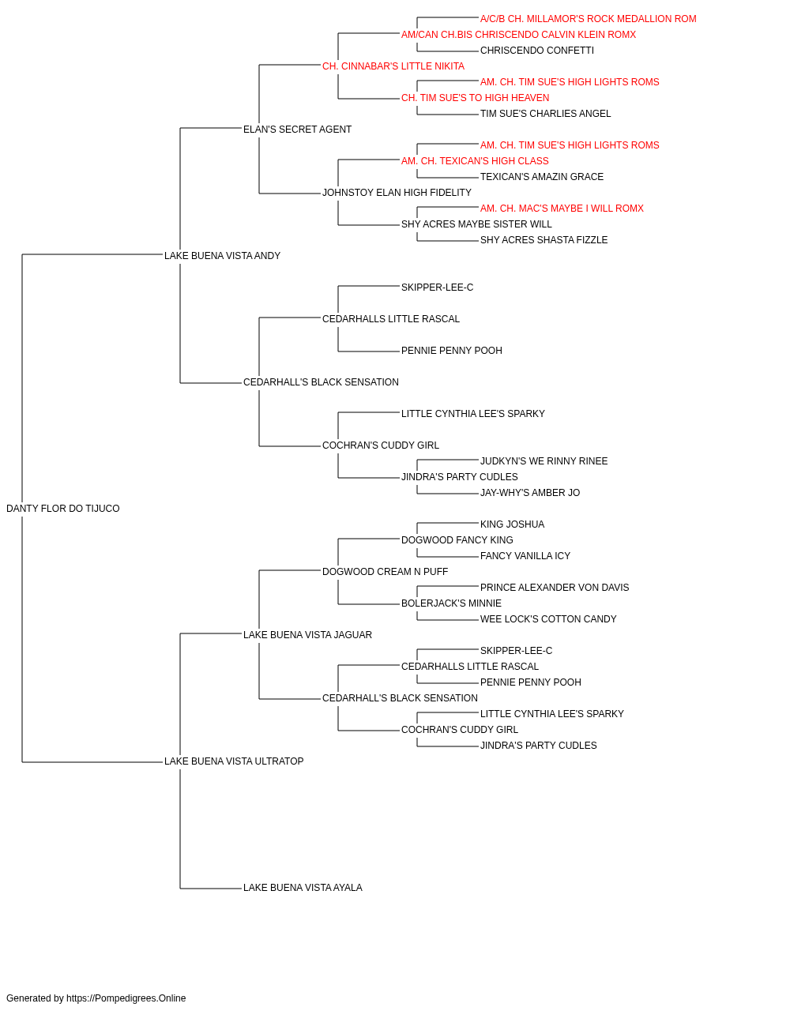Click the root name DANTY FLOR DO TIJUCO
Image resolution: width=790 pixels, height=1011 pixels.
(63, 509)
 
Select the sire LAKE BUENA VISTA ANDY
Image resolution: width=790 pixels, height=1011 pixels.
(223, 256)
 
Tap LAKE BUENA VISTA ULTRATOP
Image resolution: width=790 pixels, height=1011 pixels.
(234, 761)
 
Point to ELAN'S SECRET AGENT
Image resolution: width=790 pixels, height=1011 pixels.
(297, 130)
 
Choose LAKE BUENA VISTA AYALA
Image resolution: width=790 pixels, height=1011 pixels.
(303, 888)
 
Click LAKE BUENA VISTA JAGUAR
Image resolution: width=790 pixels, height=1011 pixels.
(307, 635)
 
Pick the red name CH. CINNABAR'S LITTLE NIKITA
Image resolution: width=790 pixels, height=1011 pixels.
(393, 66)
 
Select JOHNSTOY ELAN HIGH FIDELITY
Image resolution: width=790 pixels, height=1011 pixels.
(397, 193)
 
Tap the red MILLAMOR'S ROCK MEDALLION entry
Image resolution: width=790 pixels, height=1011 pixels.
(589, 19)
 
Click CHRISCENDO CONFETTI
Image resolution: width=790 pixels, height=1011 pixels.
(537, 51)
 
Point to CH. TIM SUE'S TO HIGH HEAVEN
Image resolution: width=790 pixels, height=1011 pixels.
(476, 98)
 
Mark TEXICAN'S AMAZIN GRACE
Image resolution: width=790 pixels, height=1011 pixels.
(542, 177)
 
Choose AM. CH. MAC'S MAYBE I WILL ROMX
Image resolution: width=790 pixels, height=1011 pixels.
(562, 209)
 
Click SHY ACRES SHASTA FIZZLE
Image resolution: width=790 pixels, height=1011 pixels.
(544, 240)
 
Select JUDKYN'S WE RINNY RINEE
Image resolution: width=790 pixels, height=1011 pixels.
(544, 461)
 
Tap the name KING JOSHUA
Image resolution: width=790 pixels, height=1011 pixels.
(512, 524)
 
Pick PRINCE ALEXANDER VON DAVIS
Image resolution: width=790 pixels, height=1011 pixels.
(555, 588)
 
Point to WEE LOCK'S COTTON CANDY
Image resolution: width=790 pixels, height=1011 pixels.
(548, 619)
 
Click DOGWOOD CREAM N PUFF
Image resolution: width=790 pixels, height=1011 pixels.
(386, 572)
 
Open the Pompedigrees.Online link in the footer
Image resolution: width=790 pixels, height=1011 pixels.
(126, 998)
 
